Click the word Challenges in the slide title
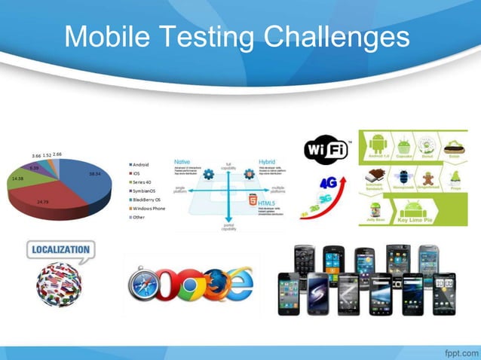coord(332,37)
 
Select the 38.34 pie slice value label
coord(95,173)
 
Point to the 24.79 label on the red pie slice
coord(43,202)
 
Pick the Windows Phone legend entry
coord(148,208)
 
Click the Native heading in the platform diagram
coord(182,160)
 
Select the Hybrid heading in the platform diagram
coord(267,160)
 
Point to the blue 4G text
coord(328,182)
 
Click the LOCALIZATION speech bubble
coord(60,250)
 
